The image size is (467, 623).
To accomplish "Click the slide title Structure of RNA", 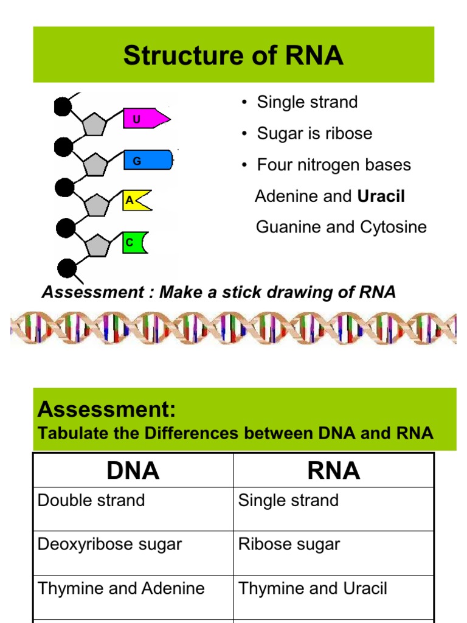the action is [x=233, y=55].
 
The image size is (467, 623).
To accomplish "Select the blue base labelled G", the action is [x=148, y=161].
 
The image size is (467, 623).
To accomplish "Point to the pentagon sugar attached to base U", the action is [x=94, y=125].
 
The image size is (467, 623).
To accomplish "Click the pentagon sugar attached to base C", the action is [x=97, y=245].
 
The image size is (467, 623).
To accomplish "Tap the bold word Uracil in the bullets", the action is [x=381, y=196].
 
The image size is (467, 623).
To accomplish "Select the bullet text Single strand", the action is [x=307, y=102].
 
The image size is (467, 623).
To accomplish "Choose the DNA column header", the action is [x=133, y=470].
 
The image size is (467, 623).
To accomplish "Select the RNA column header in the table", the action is [x=333, y=470].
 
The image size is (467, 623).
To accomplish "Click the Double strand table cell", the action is [x=91, y=501].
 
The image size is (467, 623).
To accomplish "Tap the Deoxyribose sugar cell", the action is [x=109, y=545].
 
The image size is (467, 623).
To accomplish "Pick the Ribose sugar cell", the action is [x=289, y=545].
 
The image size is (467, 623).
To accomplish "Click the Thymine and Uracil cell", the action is [x=313, y=588].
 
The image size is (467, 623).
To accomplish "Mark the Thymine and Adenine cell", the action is [x=121, y=588].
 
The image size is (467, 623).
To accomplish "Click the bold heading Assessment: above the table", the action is [x=107, y=410].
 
